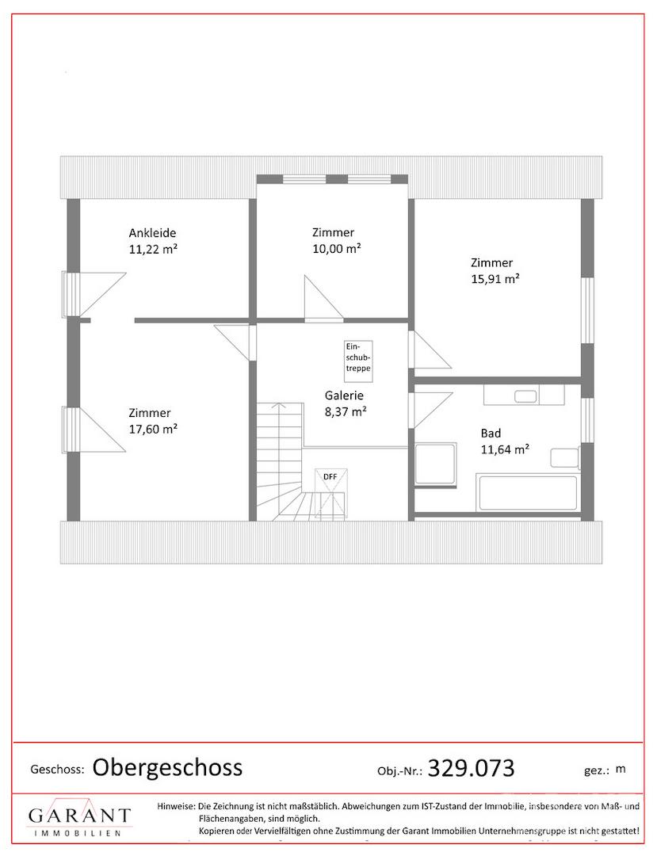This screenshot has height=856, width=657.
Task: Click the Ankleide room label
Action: click(152, 233)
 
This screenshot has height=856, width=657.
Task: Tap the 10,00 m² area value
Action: click(337, 249)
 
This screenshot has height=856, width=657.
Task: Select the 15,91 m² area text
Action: click(495, 279)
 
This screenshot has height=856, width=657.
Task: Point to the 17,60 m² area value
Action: click(153, 429)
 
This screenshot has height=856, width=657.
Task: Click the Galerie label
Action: click(344, 396)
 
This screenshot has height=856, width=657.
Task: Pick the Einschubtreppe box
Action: click(358, 357)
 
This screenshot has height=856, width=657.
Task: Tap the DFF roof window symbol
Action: click(330, 492)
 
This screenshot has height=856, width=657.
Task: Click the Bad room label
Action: click(491, 434)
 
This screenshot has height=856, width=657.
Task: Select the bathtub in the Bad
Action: click(527, 494)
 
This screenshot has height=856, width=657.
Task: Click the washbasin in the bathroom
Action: click(525, 396)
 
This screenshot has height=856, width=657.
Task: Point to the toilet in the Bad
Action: click(565, 457)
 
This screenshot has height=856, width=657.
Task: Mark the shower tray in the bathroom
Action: click(435, 464)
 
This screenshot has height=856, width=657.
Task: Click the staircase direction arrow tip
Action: click(280, 403)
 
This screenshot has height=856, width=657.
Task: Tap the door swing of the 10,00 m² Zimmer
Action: click(324, 297)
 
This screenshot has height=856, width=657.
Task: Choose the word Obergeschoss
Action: click(167, 767)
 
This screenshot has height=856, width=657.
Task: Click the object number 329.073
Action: click(472, 768)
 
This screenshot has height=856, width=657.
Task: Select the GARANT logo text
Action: click(80, 816)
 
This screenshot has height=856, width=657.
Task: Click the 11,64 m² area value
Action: click(506, 450)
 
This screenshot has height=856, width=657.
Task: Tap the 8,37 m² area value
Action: click(346, 411)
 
